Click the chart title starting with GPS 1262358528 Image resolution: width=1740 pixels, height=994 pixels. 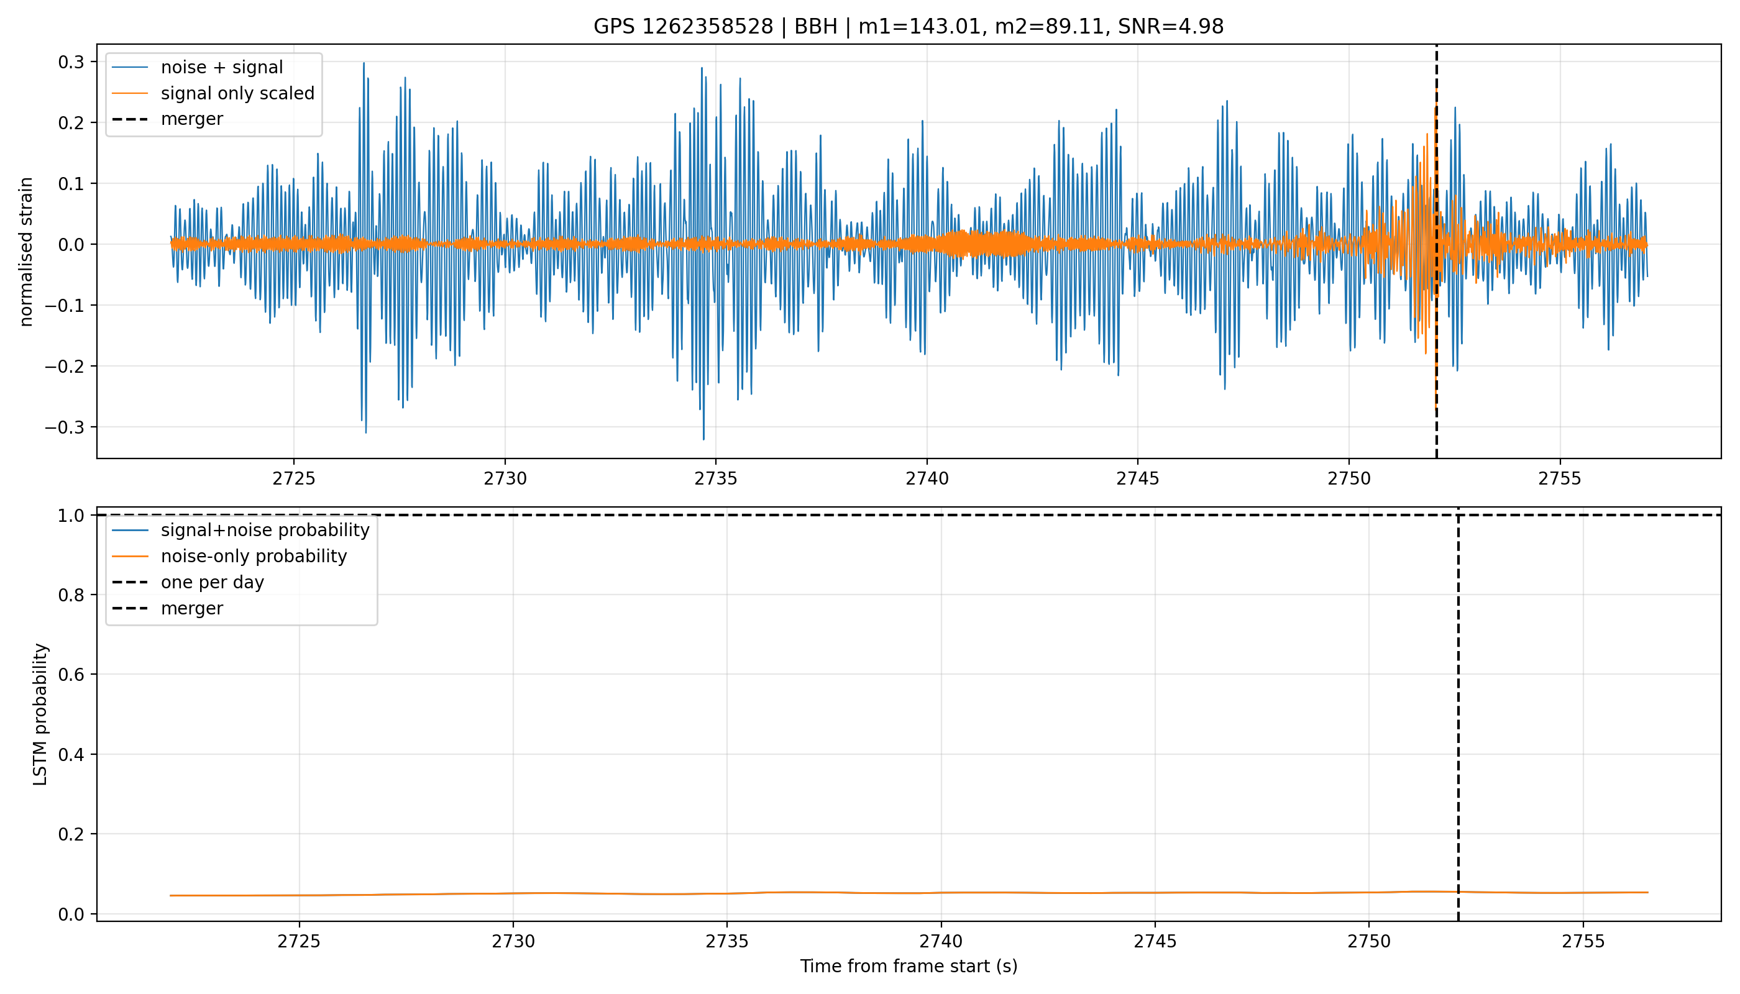(x=909, y=27)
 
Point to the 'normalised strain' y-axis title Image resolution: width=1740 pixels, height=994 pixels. (x=26, y=252)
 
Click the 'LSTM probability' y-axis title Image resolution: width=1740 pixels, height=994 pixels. (x=40, y=715)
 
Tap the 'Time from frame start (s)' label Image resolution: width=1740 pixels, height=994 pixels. (x=909, y=967)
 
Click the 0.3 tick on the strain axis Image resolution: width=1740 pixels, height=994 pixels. (x=71, y=62)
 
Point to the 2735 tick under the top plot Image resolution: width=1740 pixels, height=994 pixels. (x=716, y=479)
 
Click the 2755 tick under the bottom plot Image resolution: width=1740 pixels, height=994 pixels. (x=1583, y=942)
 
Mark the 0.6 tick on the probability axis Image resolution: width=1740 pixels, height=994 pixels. (x=71, y=675)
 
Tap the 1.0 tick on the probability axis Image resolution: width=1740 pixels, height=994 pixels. (x=71, y=516)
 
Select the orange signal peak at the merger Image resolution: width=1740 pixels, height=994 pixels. (x=1436, y=89)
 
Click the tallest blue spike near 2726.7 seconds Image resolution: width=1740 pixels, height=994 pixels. (x=364, y=63)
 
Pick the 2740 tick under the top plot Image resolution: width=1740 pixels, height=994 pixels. (x=927, y=479)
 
